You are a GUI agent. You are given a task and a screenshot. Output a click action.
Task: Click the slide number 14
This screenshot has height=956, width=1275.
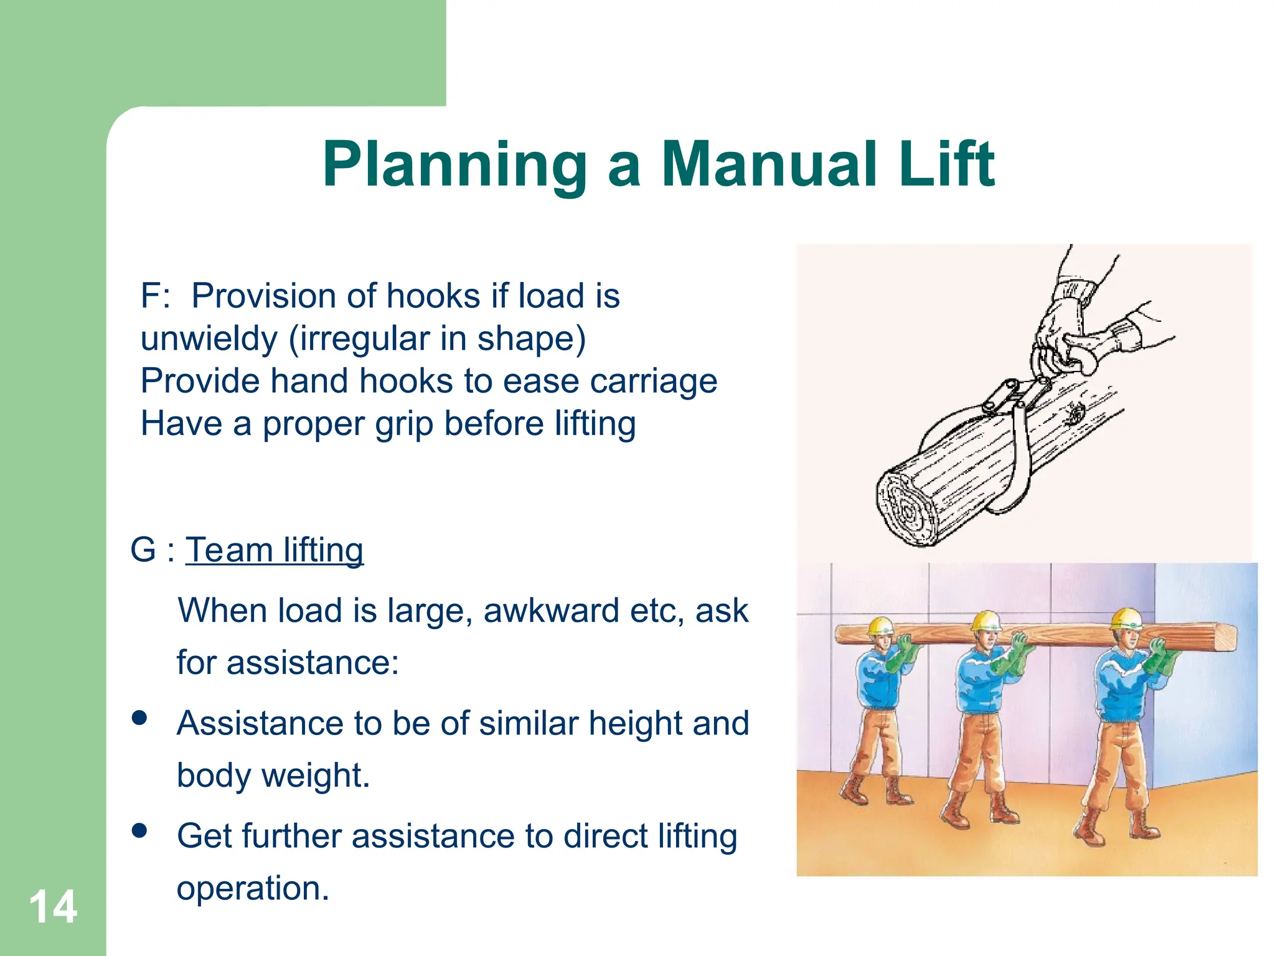click(53, 907)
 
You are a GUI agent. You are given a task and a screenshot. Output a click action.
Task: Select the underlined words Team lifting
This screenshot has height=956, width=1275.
click(274, 550)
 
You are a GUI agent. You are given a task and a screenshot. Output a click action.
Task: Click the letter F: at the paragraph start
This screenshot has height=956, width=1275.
click(155, 296)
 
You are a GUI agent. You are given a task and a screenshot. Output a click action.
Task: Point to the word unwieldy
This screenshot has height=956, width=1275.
click(209, 339)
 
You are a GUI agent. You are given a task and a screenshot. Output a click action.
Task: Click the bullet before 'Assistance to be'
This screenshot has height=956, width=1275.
click(139, 718)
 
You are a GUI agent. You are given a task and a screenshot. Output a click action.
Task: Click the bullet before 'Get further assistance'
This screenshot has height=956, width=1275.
click(139, 830)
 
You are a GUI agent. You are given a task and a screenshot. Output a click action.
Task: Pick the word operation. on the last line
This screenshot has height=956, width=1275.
click(252, 888)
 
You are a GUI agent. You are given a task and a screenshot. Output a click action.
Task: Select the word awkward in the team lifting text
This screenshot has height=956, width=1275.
click(550, 611)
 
